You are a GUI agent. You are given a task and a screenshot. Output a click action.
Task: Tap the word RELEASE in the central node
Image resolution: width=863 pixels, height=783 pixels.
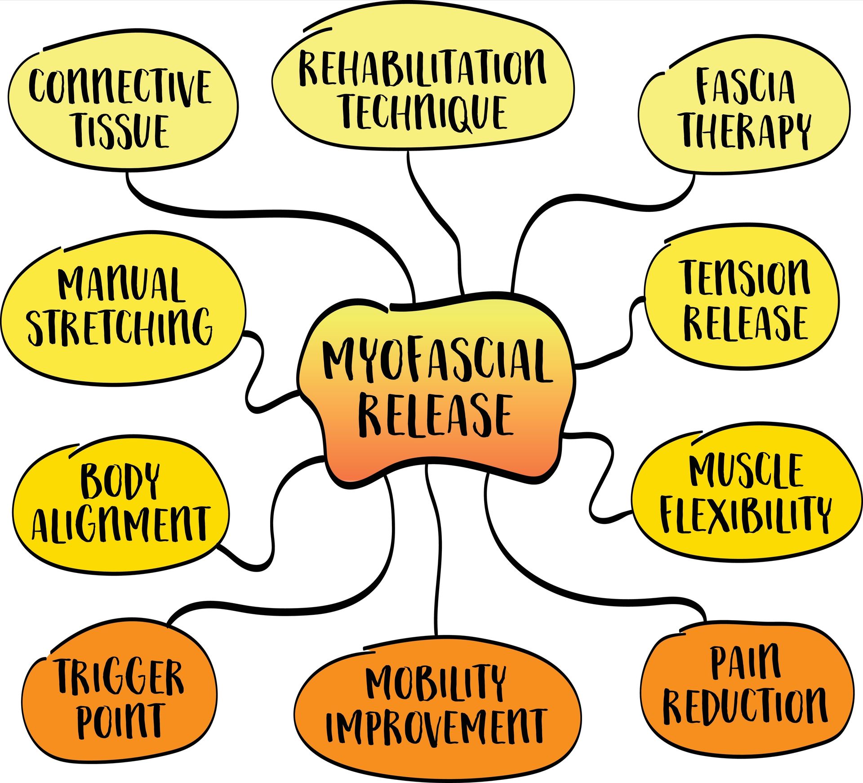point(435,415)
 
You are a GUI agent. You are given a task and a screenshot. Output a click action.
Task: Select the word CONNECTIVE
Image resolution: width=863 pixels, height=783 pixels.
point(120,86)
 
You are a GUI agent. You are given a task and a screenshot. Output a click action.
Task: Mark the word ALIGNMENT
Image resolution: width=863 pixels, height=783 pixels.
point(120,523)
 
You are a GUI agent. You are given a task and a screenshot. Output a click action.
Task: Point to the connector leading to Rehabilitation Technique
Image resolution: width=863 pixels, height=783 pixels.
point(443,225)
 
